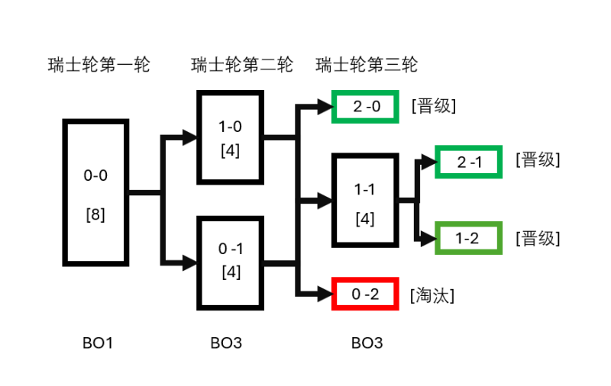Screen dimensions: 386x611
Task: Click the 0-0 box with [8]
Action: [95, 194]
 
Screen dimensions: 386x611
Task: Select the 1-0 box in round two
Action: [230, 137]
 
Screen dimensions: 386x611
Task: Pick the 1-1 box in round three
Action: [365, 201]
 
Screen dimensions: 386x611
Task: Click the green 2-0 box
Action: [366, 107]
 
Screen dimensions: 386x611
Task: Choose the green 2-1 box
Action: [467, 162]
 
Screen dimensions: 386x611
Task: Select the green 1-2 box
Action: [467, 239]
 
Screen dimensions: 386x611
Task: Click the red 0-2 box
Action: [366, 294]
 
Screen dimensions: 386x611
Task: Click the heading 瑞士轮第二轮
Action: [241, 65]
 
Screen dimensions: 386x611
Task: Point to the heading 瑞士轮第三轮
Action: [367, 65]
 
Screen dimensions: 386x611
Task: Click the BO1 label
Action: [98, 343]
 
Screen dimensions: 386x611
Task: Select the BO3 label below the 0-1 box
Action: [226, 343]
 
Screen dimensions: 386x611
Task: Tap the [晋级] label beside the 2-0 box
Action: [433, 106]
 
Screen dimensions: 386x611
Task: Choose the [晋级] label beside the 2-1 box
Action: [538, 161]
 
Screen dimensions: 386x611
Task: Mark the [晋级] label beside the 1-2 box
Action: [538, 239]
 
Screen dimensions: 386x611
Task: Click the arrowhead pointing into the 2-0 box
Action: [325, 108]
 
